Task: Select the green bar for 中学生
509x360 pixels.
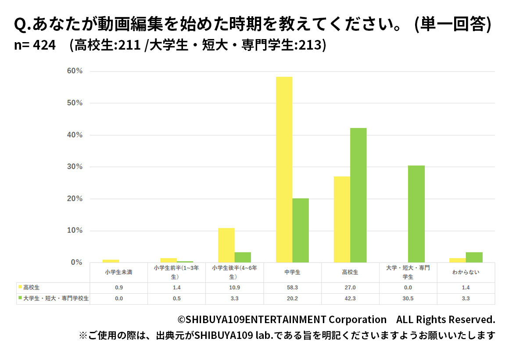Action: tap(301, 230)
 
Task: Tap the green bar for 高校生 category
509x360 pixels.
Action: tap(358, 195)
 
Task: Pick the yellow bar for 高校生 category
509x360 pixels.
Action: tap(342, 220)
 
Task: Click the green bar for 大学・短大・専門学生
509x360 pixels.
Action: tap(416, 214)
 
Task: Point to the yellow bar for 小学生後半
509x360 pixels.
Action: tap(226, 245)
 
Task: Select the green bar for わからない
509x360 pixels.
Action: tap(474, 258)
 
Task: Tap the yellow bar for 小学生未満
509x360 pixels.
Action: tap(111, 261)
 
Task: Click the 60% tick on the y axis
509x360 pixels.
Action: tap(75, 71)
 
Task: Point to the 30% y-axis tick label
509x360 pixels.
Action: tap(75, 167)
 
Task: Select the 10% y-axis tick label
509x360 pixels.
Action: tap(75, 230)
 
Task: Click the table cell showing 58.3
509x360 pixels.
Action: tap(292, 288)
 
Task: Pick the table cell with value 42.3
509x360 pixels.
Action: tap(350, 299)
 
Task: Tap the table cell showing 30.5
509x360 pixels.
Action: tap(408, 299)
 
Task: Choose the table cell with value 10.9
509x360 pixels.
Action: tap(234, 288)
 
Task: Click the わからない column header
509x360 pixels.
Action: tap(466, 272)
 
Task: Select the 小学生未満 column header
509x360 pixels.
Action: tap(118, 272)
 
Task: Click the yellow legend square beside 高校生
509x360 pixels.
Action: tap(20, 287)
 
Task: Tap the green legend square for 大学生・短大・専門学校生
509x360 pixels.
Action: tap(20, 298)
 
